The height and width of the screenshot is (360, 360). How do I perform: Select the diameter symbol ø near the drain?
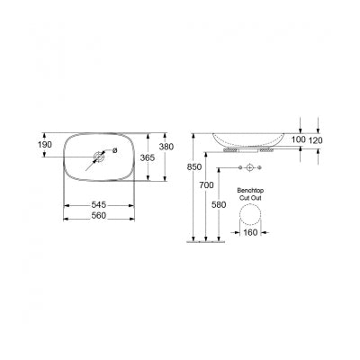pyautogui.click(x=113, y=150)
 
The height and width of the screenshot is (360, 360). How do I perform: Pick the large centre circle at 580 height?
pyautogui.click(x=251, y=168)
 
